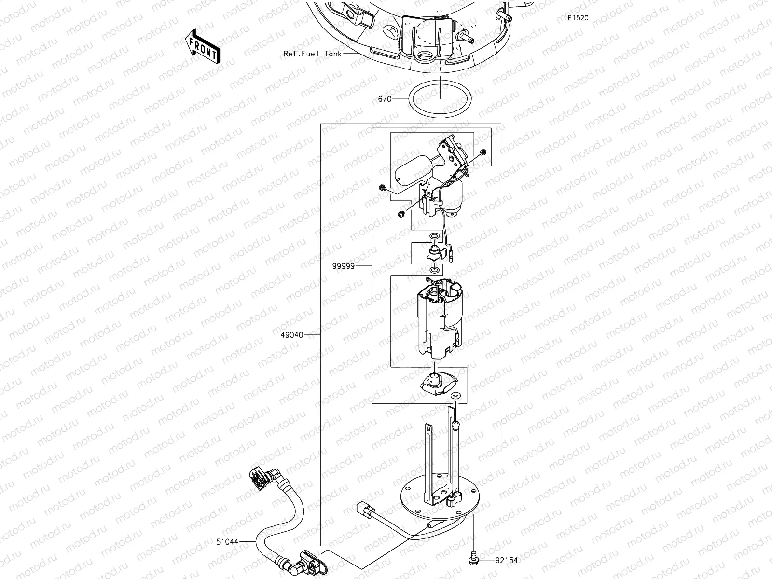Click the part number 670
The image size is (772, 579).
(385, 99)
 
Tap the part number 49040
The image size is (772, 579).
(293, 335)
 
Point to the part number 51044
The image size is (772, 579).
(227, 542)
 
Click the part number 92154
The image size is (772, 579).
(507, 560)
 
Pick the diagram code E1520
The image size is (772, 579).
(578, 18)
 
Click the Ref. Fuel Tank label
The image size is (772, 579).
(312, 54)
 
